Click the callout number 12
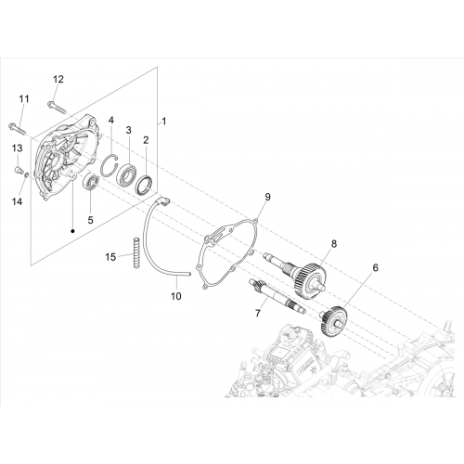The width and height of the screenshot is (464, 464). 58,79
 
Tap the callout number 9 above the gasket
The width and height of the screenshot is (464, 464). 267,197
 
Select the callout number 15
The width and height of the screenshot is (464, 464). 110,257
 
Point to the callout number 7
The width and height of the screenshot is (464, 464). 258,313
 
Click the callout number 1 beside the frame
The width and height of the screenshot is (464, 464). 164,122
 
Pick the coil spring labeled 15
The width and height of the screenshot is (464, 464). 135,252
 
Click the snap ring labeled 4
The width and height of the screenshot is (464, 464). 110,164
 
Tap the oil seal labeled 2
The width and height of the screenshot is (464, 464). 145,186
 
